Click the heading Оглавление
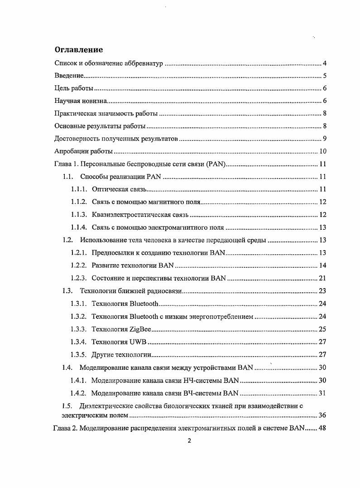(79, 50)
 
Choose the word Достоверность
(75, 139)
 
